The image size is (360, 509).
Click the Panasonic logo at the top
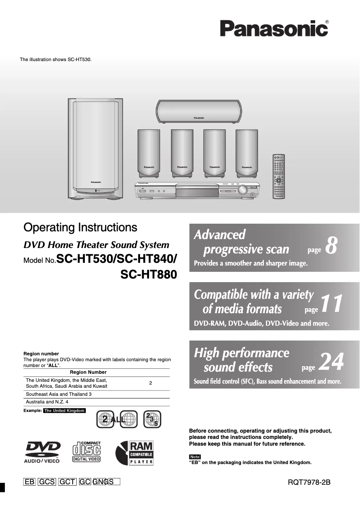pyautogui.click(x=273, y=29)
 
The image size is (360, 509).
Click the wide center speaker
pyautogui.click(x=198, y=111)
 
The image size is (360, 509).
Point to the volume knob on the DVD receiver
pyautogui.click(x=243, y=190)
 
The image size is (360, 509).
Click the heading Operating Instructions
pyautogui.click(x=80, y=227)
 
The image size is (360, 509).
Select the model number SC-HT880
pyautogui.click(x=149, y=274)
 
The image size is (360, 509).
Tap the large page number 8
pyautogui.click(x=331, y=245)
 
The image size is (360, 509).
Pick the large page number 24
pyautogui.click(x=331, y=362)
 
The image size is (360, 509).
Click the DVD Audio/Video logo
pyautogui.click(x=42, y=452)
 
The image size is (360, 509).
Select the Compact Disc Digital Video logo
pyautogui.click(x=87, y=452)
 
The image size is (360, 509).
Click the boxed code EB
pyautogui.click(x=29, y=482)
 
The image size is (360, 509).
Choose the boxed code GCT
pyautogui.click(x=67, y=482)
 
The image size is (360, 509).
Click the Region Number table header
pyautogui.click(x=88, y=372)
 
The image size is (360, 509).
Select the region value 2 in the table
pyautogui.click(x=150, y=383)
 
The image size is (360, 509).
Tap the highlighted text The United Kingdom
pyautogui.click(x=64, y=411)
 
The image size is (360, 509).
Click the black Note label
pyautogui.click(x=194, y=456)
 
